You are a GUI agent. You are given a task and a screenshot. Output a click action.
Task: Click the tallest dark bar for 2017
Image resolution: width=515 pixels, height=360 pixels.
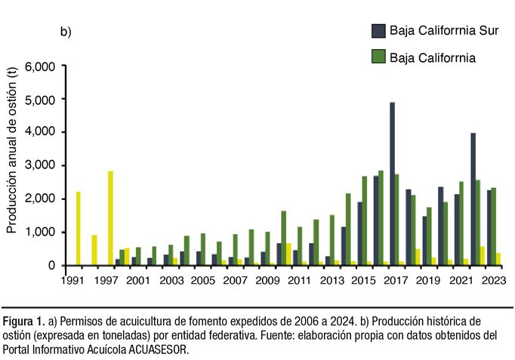[x=393, y=183]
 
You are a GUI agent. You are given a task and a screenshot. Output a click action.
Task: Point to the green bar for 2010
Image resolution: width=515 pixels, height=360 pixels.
[x=283, y=238]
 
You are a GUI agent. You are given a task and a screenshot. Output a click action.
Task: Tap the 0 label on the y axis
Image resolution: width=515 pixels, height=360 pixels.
[x=51, y=265]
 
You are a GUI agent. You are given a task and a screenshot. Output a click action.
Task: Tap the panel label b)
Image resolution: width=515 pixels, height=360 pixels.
[x=66, y=32]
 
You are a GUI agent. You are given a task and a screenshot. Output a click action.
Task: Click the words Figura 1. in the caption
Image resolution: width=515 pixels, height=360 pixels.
[x=21, y=320]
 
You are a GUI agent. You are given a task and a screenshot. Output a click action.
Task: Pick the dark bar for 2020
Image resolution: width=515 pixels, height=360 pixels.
[x=440, y=226]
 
